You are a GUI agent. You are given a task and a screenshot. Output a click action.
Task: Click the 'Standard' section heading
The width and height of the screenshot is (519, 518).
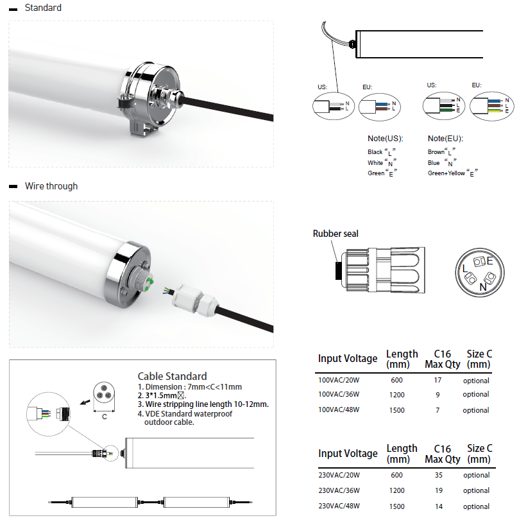[x=43, y=8]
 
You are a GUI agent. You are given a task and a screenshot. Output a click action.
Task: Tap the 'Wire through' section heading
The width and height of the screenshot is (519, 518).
[x=51, y=186]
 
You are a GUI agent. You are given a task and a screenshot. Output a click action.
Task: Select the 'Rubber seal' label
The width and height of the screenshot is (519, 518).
[x=336, y=234]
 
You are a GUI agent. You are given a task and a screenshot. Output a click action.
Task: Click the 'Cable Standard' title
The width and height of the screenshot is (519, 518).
[x=172, y=376]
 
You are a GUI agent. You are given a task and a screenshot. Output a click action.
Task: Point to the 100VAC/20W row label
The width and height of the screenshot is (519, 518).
[x=339, y=381]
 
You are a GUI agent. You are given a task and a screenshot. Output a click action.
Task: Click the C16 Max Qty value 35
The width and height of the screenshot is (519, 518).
[x=439, y=476]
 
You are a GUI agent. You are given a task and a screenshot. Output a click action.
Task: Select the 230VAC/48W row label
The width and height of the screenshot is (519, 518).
[x=339, y=506]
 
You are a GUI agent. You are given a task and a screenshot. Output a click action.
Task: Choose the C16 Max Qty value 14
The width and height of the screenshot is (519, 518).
[x=439, y=506]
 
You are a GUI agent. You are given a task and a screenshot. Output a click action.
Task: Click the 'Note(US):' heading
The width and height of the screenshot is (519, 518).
[x=385, y=139]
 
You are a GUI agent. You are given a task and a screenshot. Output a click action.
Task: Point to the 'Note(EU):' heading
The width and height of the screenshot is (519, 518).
[x=445, y=139]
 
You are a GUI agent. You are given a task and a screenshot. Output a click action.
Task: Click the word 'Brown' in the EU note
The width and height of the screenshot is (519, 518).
[x=436, y=152]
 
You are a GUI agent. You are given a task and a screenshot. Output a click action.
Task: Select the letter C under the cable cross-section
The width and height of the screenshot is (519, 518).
[x=105, y=417]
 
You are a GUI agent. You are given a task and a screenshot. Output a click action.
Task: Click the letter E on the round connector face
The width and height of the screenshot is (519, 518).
[x=489, y=261]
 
